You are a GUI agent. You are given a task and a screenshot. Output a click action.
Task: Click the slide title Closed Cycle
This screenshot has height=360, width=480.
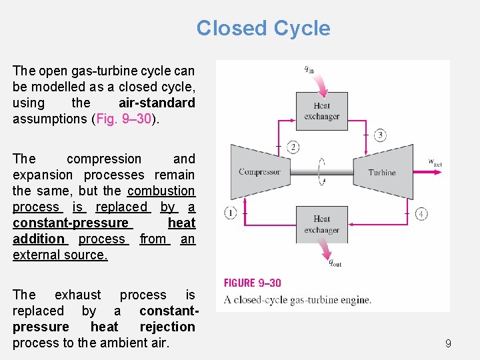tap(263, 28)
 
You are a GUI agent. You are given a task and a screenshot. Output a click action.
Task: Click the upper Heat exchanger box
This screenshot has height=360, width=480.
tap(321, 111)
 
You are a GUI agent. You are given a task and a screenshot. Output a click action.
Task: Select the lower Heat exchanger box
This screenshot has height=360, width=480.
tap(321, 224)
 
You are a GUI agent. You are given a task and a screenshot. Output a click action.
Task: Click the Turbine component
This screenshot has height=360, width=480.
tap(382, 172)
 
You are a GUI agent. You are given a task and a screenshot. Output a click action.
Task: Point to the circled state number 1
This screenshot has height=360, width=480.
tap(231, 213)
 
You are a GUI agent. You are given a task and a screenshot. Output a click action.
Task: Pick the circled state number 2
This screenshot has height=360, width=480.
tap(293, 147)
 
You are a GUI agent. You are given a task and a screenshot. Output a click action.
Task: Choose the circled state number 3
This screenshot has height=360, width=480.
tap(379, 135)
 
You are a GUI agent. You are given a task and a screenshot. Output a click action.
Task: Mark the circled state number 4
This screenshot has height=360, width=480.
tap(421, 213)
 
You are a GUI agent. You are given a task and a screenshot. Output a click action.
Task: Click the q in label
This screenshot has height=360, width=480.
tap(309, 68)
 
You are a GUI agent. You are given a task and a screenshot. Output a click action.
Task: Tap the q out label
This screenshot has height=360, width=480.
tap(335, 263)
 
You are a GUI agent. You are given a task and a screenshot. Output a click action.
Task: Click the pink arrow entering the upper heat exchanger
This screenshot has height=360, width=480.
tap(321, 85)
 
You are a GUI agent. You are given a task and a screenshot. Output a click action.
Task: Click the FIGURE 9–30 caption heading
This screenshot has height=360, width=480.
tap(253, 283)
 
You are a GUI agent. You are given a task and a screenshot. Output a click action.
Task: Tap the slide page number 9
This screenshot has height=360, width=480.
tap(448, 344)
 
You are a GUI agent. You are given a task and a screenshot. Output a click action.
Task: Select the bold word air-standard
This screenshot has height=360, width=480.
tap(157, 103)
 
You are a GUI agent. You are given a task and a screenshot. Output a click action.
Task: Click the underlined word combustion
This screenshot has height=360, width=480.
tap(161, 191)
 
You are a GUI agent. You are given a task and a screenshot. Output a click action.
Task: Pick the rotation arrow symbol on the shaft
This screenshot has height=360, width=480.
tap(323, 171)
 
